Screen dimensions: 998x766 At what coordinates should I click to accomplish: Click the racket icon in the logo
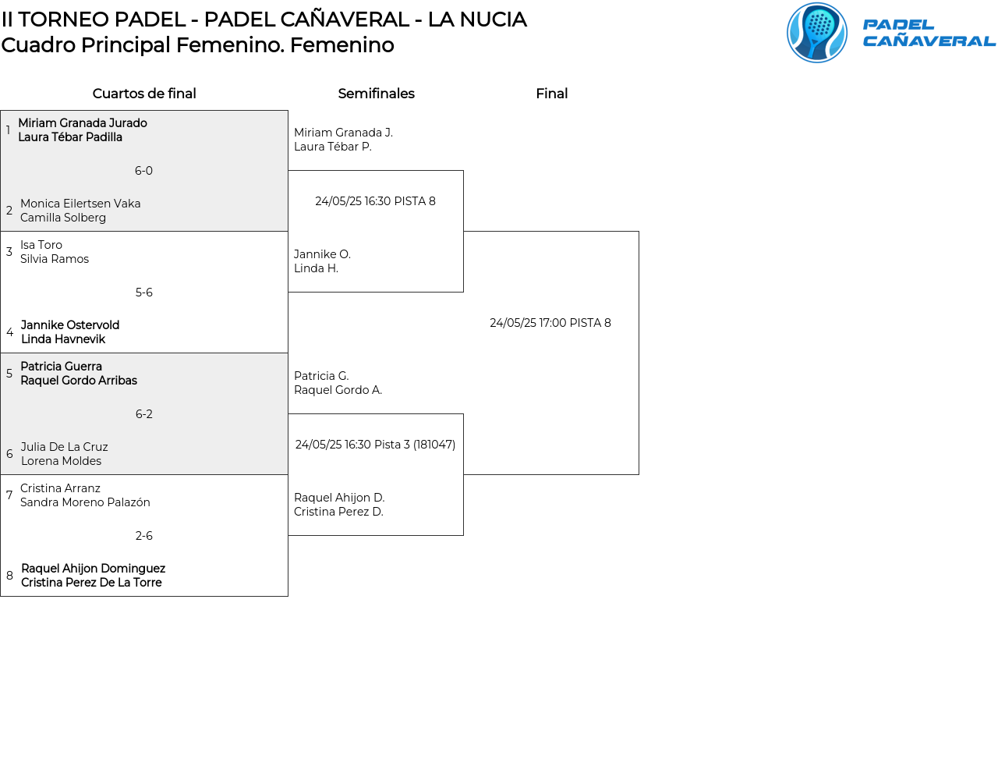[816, 33]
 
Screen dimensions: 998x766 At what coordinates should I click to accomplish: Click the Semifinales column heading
[376, 94]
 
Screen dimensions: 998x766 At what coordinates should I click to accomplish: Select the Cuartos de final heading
[144, 94]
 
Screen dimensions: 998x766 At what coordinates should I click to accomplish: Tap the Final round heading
[551, 94]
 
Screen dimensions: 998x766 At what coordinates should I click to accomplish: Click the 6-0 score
[143, 171]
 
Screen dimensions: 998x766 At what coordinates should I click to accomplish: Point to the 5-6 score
[143, 293]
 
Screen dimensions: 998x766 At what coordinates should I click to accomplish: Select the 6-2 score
[143, 414]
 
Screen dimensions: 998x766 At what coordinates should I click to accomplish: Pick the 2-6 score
[143, 536]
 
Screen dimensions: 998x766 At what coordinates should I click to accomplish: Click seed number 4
[9, 332]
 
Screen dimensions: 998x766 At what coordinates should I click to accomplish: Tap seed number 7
[9, 495]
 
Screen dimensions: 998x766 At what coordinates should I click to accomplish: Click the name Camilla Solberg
[63, 218]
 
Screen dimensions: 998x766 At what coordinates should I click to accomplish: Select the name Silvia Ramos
[55, 259]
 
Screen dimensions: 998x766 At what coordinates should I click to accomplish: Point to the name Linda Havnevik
[63, 339]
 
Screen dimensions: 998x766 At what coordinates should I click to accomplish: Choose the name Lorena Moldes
[61, 461]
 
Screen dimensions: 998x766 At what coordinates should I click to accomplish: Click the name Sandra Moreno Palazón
[85, 502]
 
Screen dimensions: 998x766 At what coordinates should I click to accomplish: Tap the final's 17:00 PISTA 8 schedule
[550, 323]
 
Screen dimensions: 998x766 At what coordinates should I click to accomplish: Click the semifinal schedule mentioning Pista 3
[375, 445]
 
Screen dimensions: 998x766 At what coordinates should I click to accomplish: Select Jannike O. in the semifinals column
[322, 254]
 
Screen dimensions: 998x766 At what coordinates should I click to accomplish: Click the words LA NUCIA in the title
[477, 20]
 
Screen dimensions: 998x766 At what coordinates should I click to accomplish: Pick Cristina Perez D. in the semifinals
[338, 512]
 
